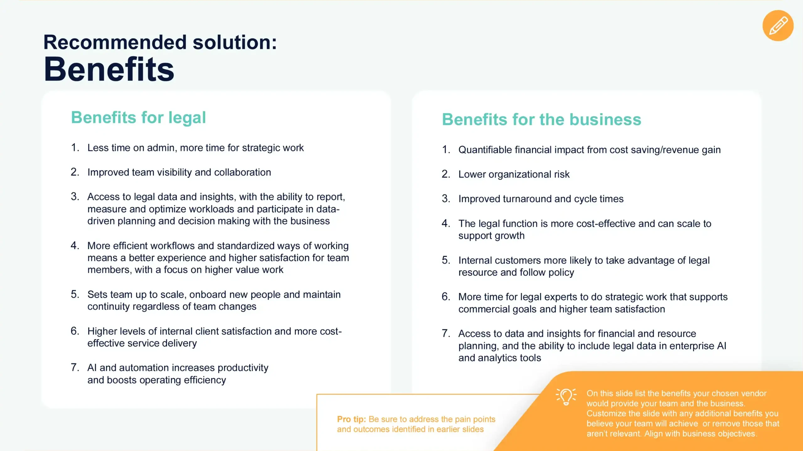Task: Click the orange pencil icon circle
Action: (778, 26)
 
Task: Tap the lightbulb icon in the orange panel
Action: (566, 396)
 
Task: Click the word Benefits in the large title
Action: (109, 69)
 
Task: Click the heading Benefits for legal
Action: (138, 118)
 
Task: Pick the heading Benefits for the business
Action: (541, 119)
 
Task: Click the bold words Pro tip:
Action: (351, 419)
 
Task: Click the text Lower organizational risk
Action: (514, 174)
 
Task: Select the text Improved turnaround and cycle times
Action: (541, 199)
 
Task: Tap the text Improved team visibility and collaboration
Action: (179, 172)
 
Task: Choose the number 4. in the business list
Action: (446, 223)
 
